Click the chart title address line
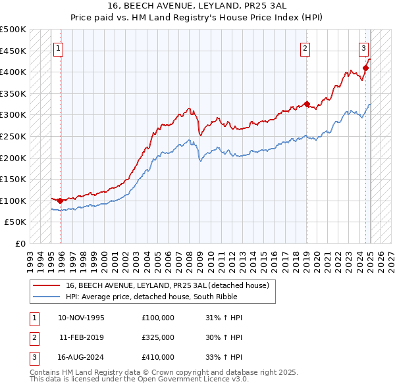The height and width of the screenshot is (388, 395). (x=197, y=5)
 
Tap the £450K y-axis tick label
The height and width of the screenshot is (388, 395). (x=13, y=51)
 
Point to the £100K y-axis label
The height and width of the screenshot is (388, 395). (x=13, y=201)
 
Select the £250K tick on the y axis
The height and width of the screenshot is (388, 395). (x=13, y=136)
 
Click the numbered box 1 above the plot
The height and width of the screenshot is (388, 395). (x=59, y=47)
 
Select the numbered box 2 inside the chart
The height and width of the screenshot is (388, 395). (x=305, y=47)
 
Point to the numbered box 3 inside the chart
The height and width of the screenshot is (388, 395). (x=363, y=47)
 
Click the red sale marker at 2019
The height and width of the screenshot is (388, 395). (x=307, y=104)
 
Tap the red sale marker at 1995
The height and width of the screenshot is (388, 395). (x=60, y=201)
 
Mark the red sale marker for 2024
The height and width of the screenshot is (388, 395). (x=365, y=68)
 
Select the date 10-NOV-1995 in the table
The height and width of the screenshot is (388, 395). (x=81, y=318)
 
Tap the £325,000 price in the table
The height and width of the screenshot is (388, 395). (x=158, y=337)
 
